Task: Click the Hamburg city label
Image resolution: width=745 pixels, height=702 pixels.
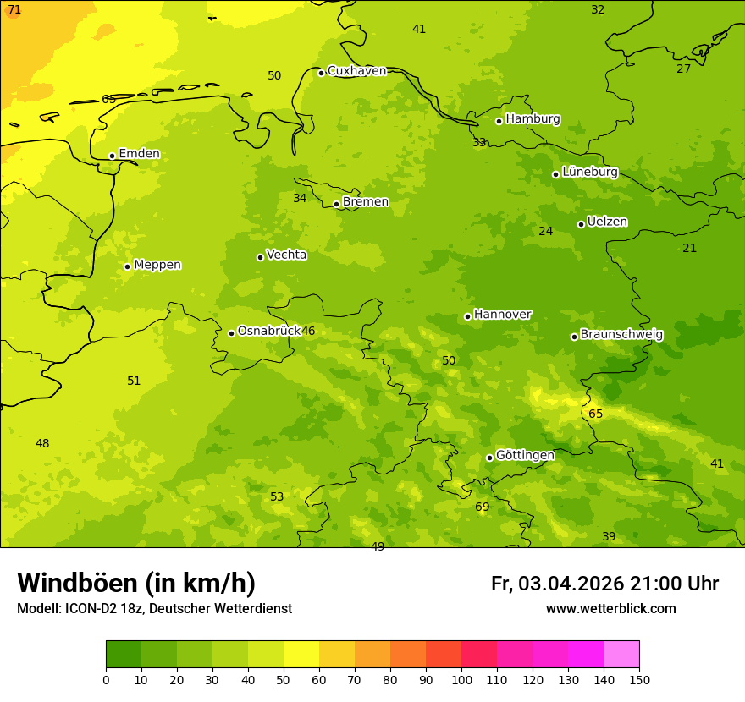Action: click(x=533, y=119)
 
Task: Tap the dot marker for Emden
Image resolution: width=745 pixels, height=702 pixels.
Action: click(x=112, y=156)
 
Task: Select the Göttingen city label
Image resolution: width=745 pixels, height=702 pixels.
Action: click(x=525, y=456)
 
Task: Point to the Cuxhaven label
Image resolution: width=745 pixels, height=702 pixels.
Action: click(x=356, y=71)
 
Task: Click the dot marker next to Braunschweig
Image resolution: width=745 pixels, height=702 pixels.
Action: click(x=574, y=337)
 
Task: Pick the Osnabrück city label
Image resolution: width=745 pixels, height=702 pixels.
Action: click(x=269, y=332)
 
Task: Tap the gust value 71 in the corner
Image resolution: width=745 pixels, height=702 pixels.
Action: click(x=14, y=9)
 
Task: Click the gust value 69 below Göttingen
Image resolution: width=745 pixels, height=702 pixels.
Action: click(x=482, y=507)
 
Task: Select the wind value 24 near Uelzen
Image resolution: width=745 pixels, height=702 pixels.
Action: click(x=545, y=231)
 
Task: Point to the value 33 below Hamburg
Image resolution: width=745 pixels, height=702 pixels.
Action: click(x=479, y=142)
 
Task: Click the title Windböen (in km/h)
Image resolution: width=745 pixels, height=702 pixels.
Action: click(x=136, y=583)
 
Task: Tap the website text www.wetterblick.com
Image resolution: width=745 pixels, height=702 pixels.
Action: click(x=610, y=609)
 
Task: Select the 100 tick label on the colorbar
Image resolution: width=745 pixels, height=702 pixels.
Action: click(x=461, y=679)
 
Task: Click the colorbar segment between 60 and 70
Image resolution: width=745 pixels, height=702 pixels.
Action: click(x=337, y=655)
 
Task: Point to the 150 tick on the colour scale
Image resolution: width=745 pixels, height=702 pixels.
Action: click(x=639, y=679)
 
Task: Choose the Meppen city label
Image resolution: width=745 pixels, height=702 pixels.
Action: click(x=157, y=265)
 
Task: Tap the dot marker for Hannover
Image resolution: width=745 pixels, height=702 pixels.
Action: click(x=467, y=316)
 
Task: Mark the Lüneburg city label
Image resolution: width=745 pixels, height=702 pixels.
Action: click(x=589, y=172)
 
